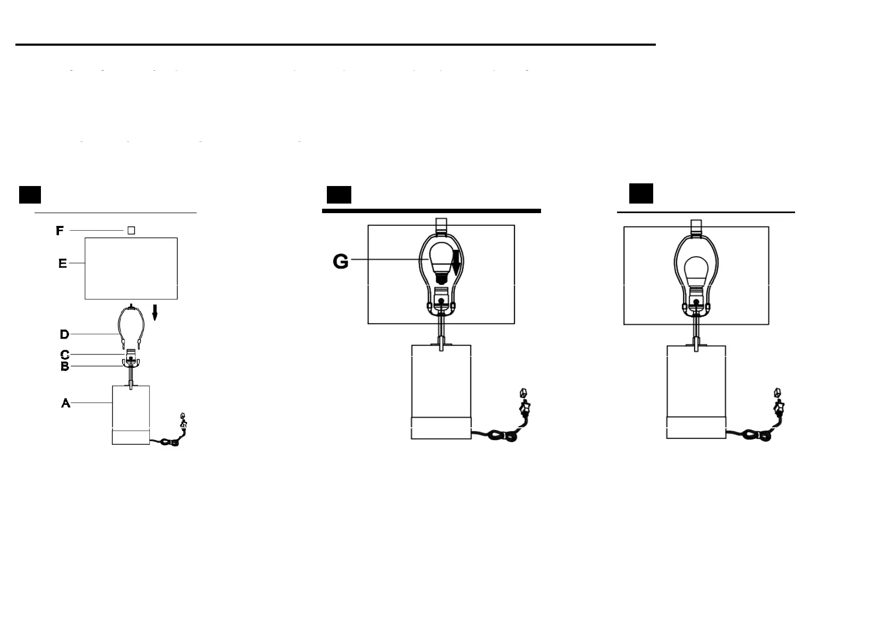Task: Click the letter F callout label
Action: click(60, 231)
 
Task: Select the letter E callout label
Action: click(63, 263)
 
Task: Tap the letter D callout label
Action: click(64, 334)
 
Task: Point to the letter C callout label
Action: click(65, 355)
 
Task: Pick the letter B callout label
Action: click(65, 366)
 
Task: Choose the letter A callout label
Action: click(66, 403)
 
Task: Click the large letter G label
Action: click(341, 261)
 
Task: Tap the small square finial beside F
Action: click(131, 231)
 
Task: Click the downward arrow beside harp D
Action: click(155, 313)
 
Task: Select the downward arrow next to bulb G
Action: click(456, 262)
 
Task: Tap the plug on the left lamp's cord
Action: click(183, 421)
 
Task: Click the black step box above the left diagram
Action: click(30, 195)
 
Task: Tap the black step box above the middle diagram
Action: click(339, 195)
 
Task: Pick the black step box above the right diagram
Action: click(641, 193)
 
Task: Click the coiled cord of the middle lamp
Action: click(502, 436)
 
